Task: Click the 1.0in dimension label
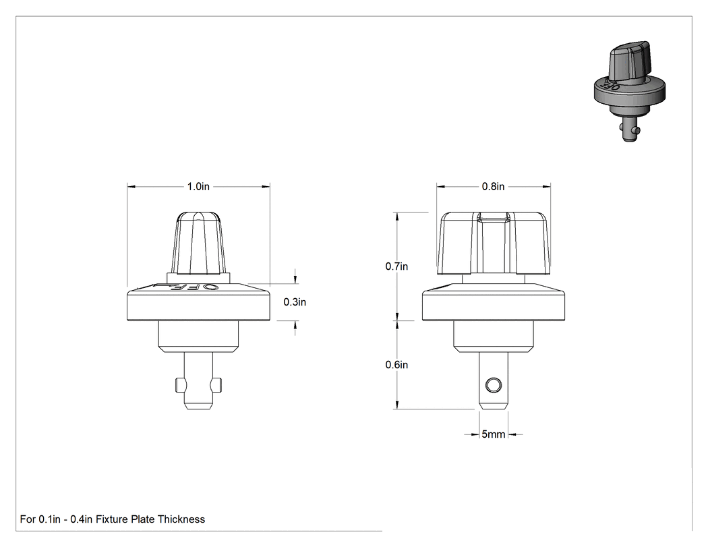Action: click(x=198, y=187)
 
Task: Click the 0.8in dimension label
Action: click(x=493, y=187)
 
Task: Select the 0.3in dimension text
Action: click(x=295, y=302)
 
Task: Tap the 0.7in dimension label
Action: click(x=396, y=266)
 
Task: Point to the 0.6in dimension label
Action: click(x=396, y=365)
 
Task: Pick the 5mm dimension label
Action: click(x=493, y=434)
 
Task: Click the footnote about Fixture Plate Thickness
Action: click(x=113, y=519)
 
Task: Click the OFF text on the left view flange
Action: click(x=187, y=287)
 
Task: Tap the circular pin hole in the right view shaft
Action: click(x=493, y=385)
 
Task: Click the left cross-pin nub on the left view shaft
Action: click(x=181, y=385)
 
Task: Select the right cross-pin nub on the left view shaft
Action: click(x=216, y=385)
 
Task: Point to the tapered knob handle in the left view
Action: click(x=199, y=243)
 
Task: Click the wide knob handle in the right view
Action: click(x=494, y=243)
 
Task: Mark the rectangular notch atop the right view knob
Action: click(x=494, y=218)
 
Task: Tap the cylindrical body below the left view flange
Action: click(x=199, y=337)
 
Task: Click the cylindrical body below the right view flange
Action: click(x=494, y=337)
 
